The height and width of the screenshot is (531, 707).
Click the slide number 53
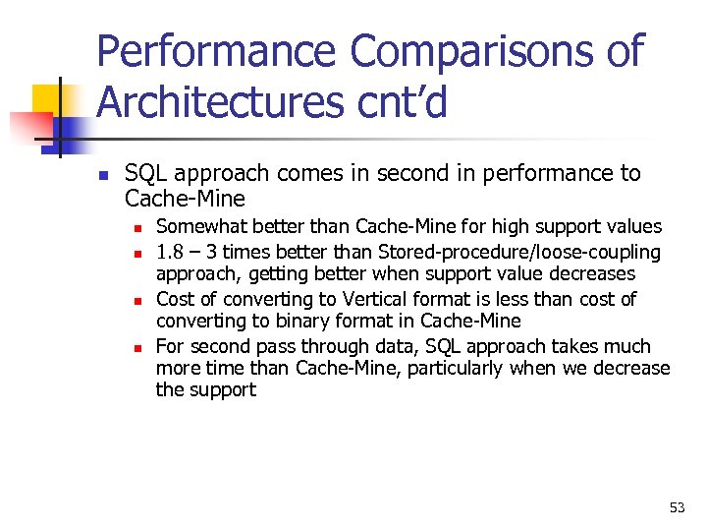pyautogui.click(x=677, y=507)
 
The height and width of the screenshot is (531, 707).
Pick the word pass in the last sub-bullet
pyautogui.click(x=272, y=346)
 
